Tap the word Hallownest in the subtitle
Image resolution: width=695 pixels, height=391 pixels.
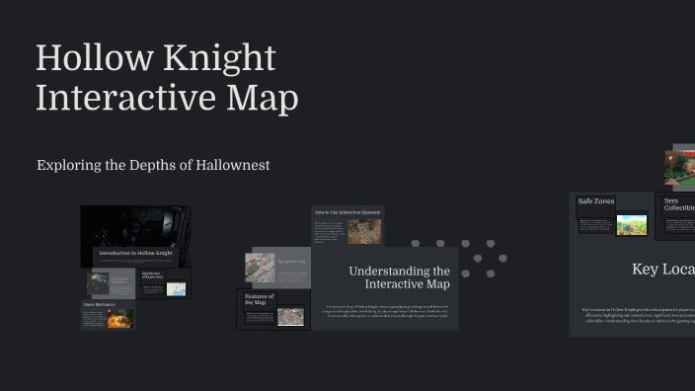(x=230, y=165)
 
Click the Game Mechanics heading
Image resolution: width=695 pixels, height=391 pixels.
(x=99, y=305)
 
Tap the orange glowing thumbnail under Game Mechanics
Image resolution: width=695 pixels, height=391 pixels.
(x=119, y=318)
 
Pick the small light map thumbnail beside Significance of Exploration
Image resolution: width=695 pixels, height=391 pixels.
(x=176, y=289)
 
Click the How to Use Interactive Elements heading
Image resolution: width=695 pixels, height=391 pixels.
(x=347, y=212)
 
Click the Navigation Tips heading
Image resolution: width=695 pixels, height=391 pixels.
(x=282, y=262)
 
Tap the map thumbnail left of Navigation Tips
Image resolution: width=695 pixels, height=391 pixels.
(x=261, y=267)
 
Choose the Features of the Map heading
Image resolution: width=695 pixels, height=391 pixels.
(x=259, y=299)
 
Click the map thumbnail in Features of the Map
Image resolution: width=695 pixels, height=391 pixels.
(x=290, y=316)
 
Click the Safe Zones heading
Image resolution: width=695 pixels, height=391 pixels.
(x=596, y=201)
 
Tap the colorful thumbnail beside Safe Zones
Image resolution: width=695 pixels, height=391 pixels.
(x=631, y=224)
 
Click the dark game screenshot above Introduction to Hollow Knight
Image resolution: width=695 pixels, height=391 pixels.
(x=135, y=225)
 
